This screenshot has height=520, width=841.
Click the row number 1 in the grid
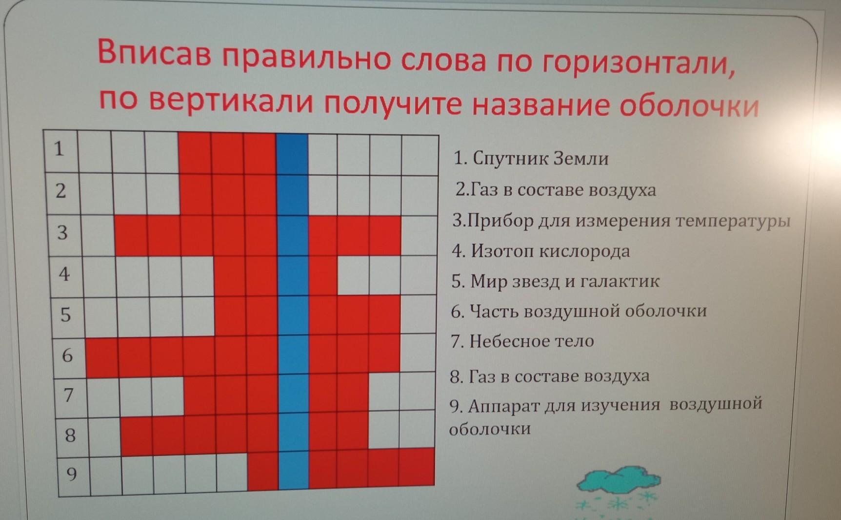[x=59, y=148]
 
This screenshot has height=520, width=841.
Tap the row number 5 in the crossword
[x=65, y=315]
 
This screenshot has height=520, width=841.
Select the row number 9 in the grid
[x=71, y=474]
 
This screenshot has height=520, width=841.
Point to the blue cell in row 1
[x=292, y=155]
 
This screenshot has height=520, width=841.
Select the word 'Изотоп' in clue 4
[x=502, y=251]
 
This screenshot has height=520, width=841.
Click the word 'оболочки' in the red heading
[x=689, y=105]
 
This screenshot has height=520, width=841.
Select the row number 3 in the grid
[x=62, y=232]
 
